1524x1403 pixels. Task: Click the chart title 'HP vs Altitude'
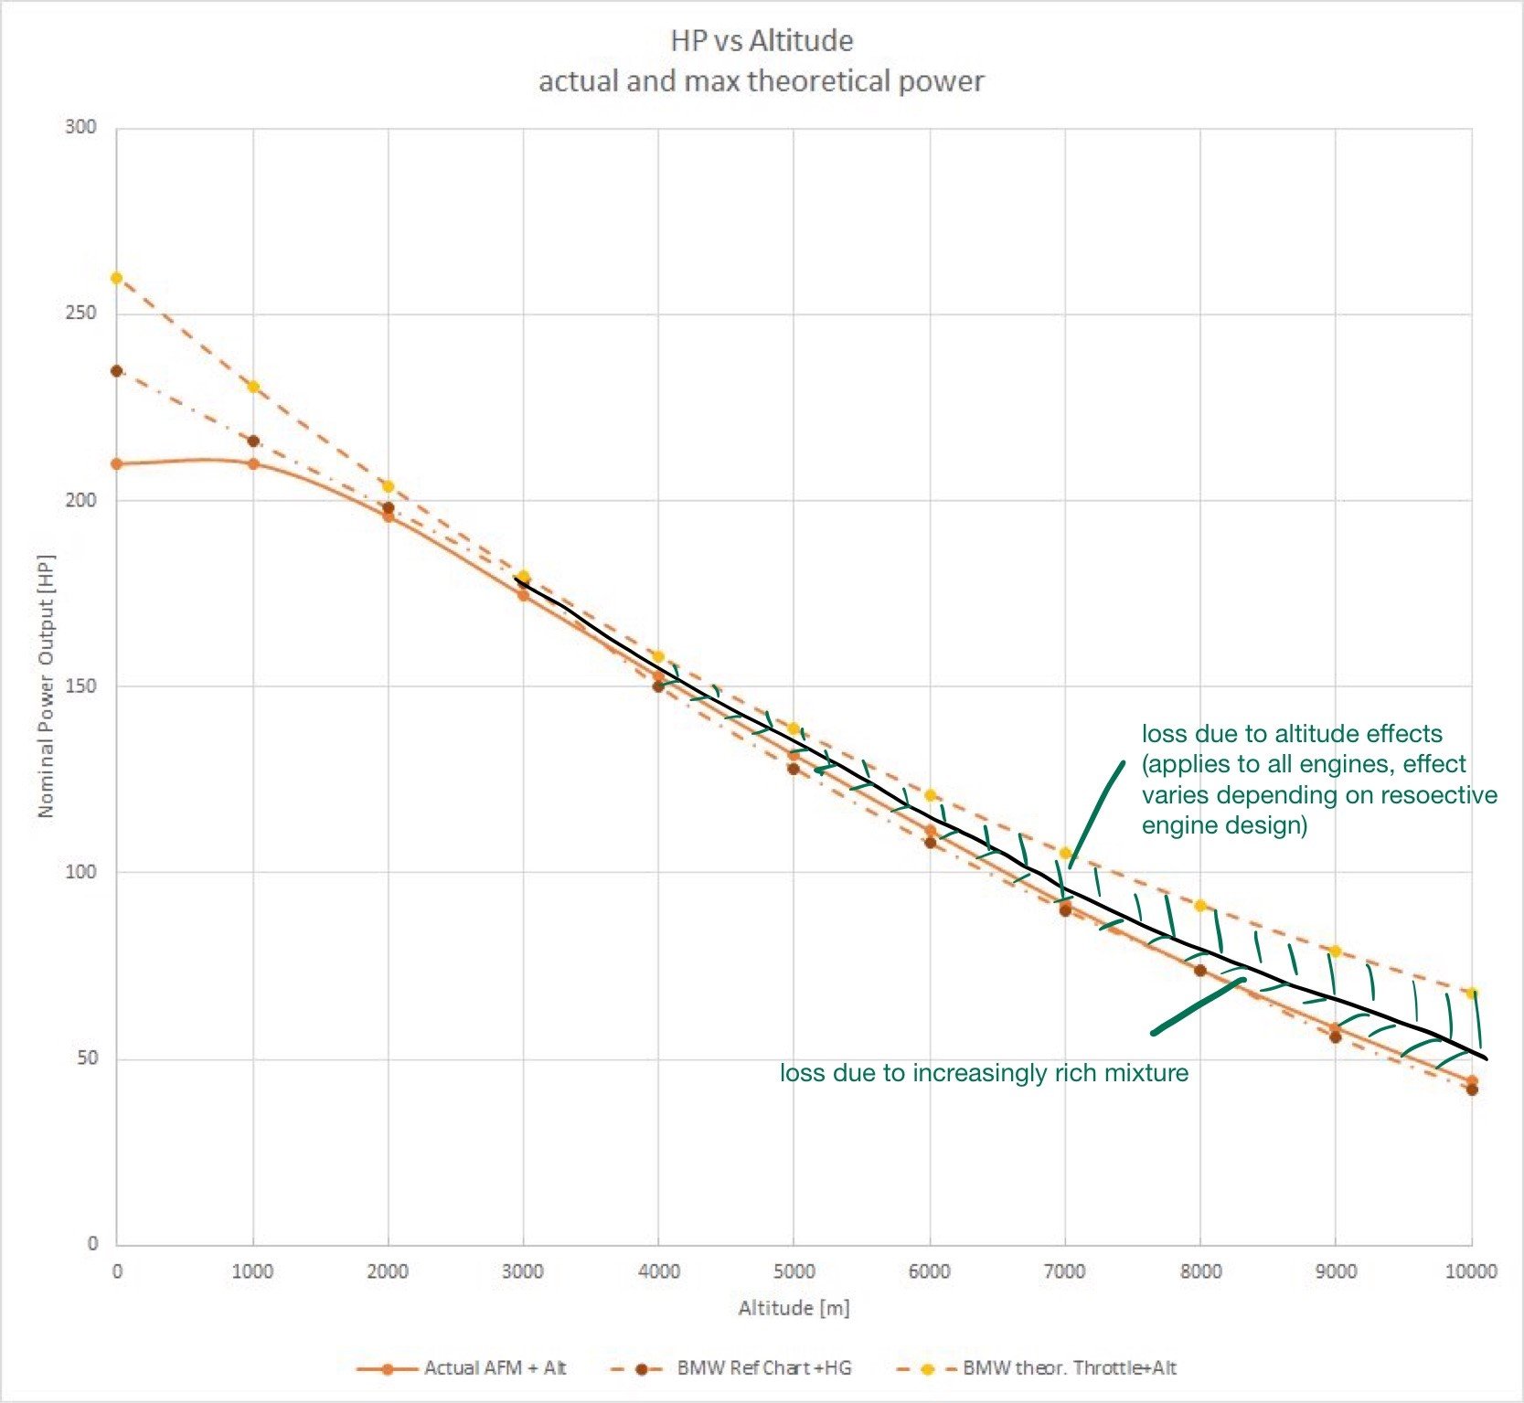pyautogui.click(x=762, y=40)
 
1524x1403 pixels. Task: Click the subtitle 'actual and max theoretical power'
pyautogui.click(x=762, y=81)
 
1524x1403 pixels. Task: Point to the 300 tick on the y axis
pyautogui.click(x=80, y=127)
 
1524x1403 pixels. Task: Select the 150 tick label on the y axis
pyautogui.click(x=80, y=686)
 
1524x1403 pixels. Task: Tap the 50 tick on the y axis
pyautogui.click(x=87, y=1058)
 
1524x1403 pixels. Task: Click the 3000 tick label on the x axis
pyautogui.click(x=523, y=1271)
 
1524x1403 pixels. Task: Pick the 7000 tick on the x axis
pyautogui.click(x=1065, y=1271)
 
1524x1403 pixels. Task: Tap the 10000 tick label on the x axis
pyautogui.click(x=1470, y=1271)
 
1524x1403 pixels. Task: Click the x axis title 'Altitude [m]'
pyautogui.click(x=794, y=1308)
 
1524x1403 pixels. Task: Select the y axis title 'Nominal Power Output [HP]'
pyautogui.click(x=46, y=686)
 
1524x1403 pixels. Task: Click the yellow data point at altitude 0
pyautogui.click(x=116, y=278)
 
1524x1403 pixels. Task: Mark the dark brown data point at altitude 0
pyautogui.click(x=116, y=371)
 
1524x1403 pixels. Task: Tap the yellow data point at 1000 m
pyautogui.click(x=253, y=387)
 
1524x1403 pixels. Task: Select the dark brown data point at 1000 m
pyautogui.click(x=253, y=441)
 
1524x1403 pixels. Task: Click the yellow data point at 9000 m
pyautogui.click(x=1335, y=951)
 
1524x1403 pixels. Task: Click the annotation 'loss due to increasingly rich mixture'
pyautogui.click(x=984, y=1073)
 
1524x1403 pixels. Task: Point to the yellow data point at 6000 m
pyautogui.click(x=930, y=795)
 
